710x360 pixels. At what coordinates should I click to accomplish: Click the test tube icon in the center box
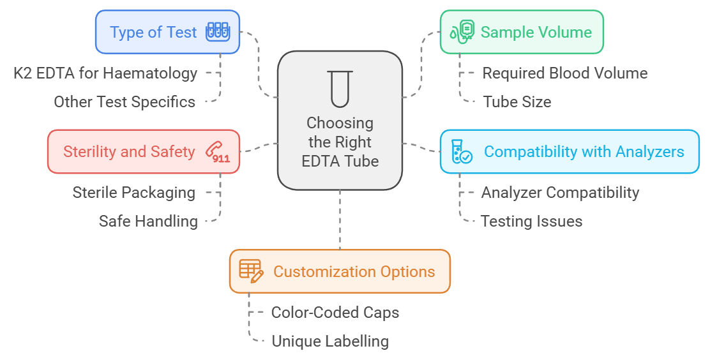[x=340, y=87]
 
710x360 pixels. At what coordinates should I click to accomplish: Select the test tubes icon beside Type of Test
[x=217, y=32]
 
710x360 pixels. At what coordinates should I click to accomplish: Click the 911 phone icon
[x=218, y=152]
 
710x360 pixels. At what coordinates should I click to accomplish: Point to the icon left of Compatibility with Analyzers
[x=461, y=152]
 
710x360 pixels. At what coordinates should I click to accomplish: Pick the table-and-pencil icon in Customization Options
[x=251, y=271]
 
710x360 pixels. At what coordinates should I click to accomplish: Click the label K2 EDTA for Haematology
[x=105, y=73]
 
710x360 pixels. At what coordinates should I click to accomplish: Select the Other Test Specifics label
[x=125, y=101]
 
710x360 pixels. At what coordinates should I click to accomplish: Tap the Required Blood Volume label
[x=564, y=73]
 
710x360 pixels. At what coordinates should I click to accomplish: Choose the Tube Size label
[x=517, y=101]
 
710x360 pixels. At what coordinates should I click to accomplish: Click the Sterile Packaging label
[x=134, y=192]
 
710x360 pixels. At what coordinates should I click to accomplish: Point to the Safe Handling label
[x=148, y=221]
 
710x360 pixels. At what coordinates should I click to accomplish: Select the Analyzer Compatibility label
[x=560, y=192]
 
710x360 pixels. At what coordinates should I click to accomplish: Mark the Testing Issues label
[x=531, y=221]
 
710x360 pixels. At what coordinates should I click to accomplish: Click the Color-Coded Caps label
[x=335, y=312]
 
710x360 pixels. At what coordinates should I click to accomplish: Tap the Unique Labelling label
[x=329, y=341]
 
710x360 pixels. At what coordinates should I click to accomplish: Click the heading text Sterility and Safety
[x=129, y=151]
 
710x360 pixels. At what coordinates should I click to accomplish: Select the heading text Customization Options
[x=354, y=271]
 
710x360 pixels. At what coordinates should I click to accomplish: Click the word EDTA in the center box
[x=321, y=161]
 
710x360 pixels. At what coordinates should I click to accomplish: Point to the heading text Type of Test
[x=153, y=32]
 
